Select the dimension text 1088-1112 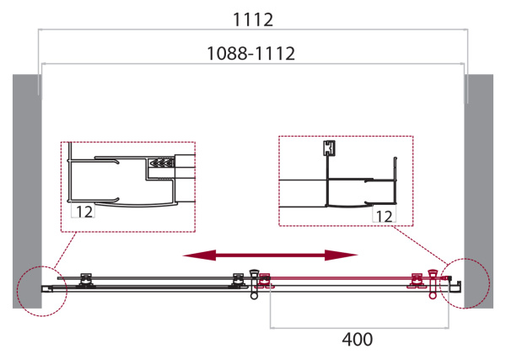pos(250,53)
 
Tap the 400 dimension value pos(358,340)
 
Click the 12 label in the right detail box pos(384,216)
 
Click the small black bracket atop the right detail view pos(328,148)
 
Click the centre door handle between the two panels pos(254,283)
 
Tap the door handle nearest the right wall pos(433,282)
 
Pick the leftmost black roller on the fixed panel pos(84,279)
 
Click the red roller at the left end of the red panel pos(265,279)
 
